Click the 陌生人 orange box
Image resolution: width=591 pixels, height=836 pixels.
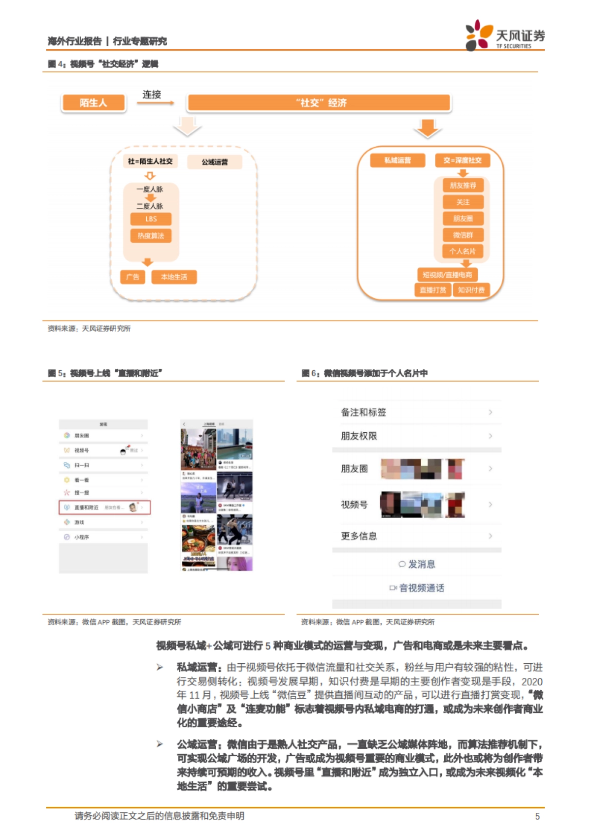pyautogui.click(x=94, y=103)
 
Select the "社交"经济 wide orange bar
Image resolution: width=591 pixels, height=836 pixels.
pyautogui.click(x=319, y=103)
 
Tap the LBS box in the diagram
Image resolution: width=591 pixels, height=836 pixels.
pyautogui.click(x=151, y=219)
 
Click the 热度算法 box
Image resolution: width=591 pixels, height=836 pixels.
pyautogui.click(x=151, y=236)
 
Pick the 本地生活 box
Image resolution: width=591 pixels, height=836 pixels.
pyautogui.click(x=174, y=277)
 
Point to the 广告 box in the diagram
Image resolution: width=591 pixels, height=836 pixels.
pyautogui.click(x=132, y=277)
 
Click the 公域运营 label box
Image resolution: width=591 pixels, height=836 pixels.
pyautogui.click(x=215, y=162)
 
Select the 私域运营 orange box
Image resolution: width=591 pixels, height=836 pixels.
pyautogui.click(x=397, y=161)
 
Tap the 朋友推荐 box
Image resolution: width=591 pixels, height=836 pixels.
pyautogui.click(x=463, y=186)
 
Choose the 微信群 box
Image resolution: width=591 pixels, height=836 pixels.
pyautogui.click(x=463, y=235)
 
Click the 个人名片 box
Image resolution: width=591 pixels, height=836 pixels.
pyautogui.click(x=463, y=251)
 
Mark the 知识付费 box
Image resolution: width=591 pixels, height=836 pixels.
pyautogui.click(x=471, y=290)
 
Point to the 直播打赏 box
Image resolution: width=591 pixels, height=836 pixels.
pyautogui.click(x=433, y=290)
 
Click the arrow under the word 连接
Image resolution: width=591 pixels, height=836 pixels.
pyautogui.click(x=156, y=103)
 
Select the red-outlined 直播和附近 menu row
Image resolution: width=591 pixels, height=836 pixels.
pyautogui.click(x=104, y=507)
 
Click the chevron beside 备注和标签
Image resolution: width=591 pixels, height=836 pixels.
pyautogui.click(x=490, y=412)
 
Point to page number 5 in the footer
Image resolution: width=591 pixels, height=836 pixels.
pyautogui.click(x=537, y=816)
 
